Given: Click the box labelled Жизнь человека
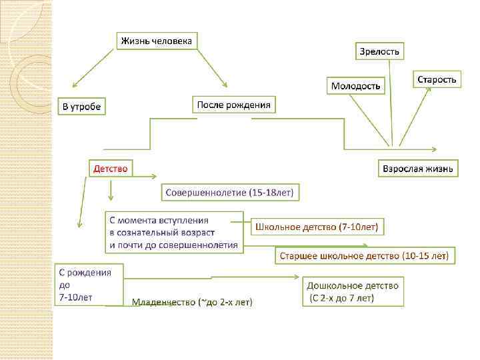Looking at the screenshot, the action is click(157, 41).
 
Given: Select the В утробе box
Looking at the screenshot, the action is click(83, 106).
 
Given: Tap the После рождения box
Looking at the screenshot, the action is click(234, 105).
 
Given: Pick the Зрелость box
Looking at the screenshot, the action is click(379, 51).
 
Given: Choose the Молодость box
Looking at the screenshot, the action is click(357, 86).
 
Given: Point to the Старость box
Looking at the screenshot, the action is click(437, 79).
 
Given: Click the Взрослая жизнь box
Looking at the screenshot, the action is click(417, 169).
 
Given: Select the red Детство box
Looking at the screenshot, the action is click(110, 169).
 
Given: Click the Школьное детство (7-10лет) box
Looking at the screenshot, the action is click(317, 227).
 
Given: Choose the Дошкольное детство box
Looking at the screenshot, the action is click(353, 291).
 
